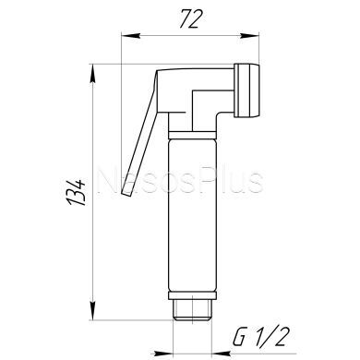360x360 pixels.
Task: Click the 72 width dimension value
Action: click(191, 19)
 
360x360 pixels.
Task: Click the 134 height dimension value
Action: click(76, 192)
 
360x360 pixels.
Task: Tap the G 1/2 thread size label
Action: click(261, 337)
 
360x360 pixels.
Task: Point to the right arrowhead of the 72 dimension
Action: click(250, 36)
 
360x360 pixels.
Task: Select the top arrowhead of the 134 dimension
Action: click(92, 74)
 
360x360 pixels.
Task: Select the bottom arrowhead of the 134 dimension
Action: click(92, 310)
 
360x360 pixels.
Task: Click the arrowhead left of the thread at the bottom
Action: click(163, 354)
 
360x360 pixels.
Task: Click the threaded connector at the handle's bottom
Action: click(193, 310)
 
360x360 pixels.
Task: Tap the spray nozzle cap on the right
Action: click(246, 90)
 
